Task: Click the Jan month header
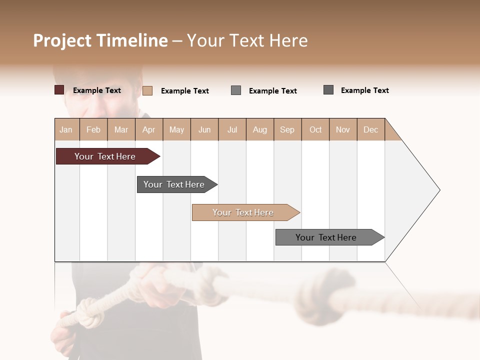pyautogui.click(x=66, y=129)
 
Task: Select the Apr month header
pyautogui.click(x=149, y=129)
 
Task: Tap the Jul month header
pyautogui.click(x=232, y=129)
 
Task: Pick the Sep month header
pyautogui.click(x=287, y=129)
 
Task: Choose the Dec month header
pyautogui.click(x=370, y=129)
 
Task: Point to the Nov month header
pyautogui.click(x=343, y=129)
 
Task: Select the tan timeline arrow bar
pyautogui.click(x=244, y=212)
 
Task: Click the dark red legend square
pyautogui.click(x=59, y=90)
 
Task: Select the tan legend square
pyautogui.click(x=147, y=90)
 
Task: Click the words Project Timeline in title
pyautogui.click(x=100, y=40)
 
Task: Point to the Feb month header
pyautogui.click(x=93, y=129)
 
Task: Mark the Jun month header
pyautogui.click(x=204, y=129)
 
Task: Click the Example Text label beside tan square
pyautogui.click(x=185, y=91)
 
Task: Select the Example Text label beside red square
pyautogui.click(x=97, y=90)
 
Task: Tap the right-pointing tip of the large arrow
pyautogui.click(x=438, y=190)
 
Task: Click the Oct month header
pyautogui.click(x=315, y=129)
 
